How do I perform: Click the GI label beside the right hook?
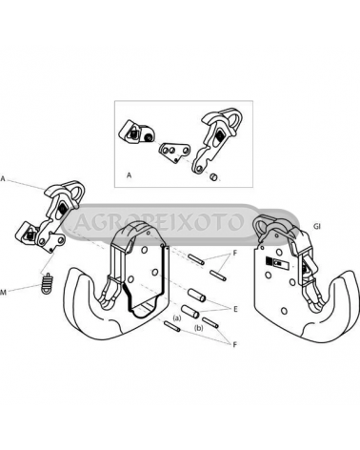317,227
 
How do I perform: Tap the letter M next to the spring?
3,292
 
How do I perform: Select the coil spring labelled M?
47,283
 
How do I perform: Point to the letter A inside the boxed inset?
129,175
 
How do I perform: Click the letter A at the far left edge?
3,179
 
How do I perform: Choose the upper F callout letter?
235,255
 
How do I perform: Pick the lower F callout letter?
235,345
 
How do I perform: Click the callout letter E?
235,309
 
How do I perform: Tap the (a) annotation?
176,317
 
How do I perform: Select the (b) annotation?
199,329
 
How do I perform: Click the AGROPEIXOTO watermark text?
159,222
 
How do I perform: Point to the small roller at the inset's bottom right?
214,176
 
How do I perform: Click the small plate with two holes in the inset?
174,152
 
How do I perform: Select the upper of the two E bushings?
197,295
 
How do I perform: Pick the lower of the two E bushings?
190,311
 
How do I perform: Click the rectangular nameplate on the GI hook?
276,263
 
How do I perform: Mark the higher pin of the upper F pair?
196,258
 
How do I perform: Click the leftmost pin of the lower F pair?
172,327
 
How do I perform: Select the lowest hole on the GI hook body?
285,310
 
